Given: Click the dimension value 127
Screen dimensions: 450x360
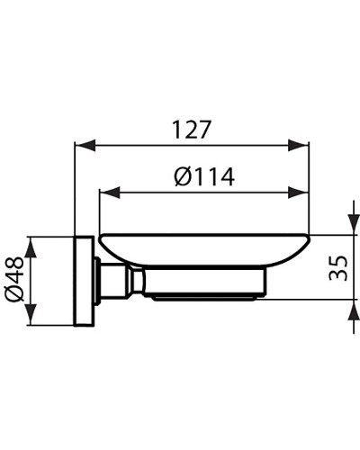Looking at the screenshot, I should pos(191,130).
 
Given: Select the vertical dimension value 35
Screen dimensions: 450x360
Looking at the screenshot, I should pos(337,268).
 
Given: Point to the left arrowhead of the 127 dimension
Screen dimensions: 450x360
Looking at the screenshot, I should pos(79,145).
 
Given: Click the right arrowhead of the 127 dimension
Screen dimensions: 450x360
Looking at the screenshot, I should pos(304,145).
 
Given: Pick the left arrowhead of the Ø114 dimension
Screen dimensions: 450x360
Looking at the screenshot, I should pos(104,192).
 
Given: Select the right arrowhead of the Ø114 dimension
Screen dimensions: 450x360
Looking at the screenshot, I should pos(304,192).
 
